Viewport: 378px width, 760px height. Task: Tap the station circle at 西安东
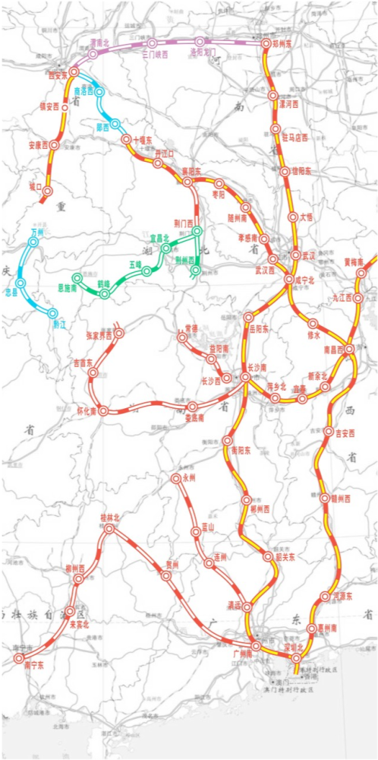tap(74, 71)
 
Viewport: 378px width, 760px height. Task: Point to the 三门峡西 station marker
tap(152, 43)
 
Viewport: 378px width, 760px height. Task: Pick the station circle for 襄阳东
tap(187, 182)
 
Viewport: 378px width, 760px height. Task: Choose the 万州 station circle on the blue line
tap(33, 242)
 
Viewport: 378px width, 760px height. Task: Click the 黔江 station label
tap(58, 324)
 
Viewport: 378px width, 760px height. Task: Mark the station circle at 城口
tap(47, 191)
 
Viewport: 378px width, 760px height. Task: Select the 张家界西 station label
tap(99, 335)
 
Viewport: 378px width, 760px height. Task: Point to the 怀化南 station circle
tap(103, 410)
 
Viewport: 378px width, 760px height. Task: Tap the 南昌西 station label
tap(335, 349)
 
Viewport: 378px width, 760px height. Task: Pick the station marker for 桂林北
tap(110, 528)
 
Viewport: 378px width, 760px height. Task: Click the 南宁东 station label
tap(34, 665)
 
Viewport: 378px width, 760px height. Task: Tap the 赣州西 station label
tap(339, 499)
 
